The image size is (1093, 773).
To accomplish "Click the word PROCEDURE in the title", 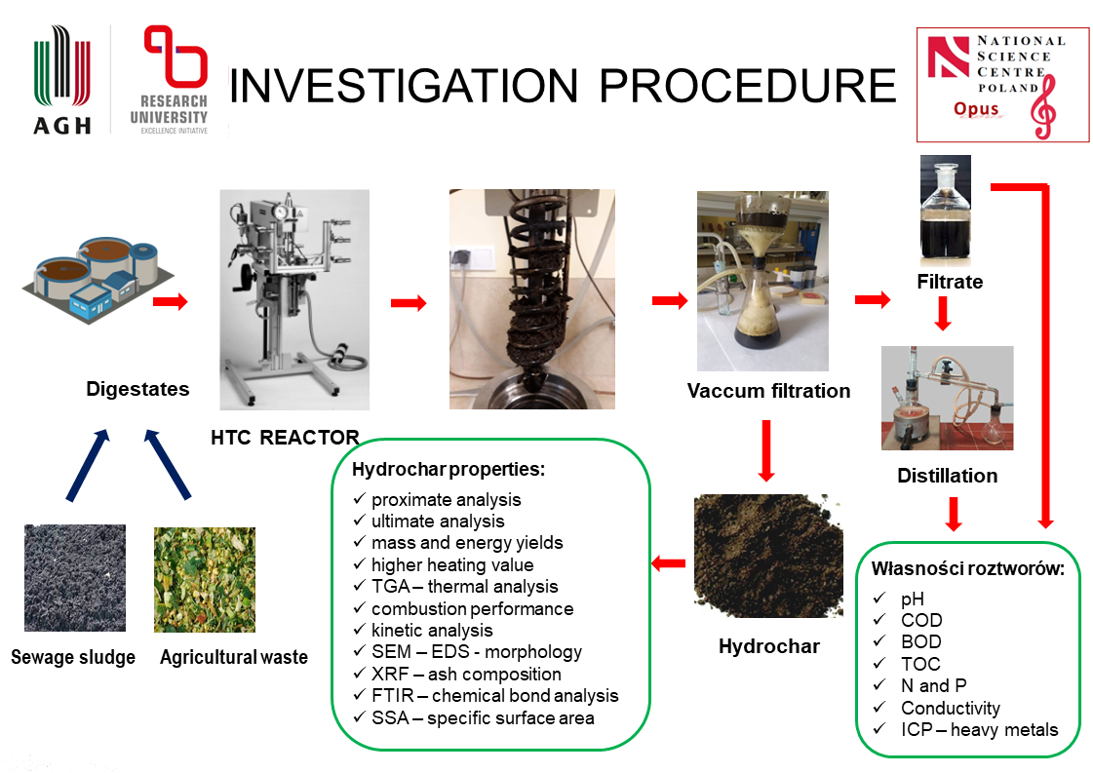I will (747, 86).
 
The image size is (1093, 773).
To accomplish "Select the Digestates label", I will (137, 389).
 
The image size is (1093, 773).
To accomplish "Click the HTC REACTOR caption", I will (285, 437).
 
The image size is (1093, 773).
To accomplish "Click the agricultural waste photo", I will (205, 580).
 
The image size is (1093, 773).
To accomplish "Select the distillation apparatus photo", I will (947, 398).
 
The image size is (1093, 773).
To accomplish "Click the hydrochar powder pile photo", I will (767, 557).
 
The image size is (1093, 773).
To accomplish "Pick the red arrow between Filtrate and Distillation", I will (943, 314).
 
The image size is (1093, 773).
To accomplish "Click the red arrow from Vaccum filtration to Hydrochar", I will (766, 449).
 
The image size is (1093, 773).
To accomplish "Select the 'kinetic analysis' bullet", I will (432, 630).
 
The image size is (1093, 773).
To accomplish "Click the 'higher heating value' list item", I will (452, 564).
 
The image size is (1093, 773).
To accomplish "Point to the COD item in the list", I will (921, 620).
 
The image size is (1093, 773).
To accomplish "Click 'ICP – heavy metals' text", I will (979, 730).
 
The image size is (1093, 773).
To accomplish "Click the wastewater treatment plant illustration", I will (89, 278).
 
